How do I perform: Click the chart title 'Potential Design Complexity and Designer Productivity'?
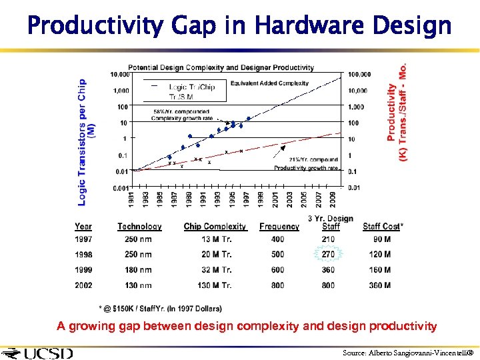(221, 67)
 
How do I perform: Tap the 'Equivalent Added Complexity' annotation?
(269, 83)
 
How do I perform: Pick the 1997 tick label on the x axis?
(246, 199)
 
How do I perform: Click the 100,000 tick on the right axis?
(359, 75)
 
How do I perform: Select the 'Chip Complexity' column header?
(215, 227)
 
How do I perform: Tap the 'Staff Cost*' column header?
(383, 227)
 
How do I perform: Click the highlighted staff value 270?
(328, 254)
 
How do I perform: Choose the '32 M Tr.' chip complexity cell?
(217, 270)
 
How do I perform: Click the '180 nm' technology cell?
(138, 270)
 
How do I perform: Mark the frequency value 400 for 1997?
(277, 239)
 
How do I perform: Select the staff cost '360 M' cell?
(380, 285)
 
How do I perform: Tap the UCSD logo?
(38, 353)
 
